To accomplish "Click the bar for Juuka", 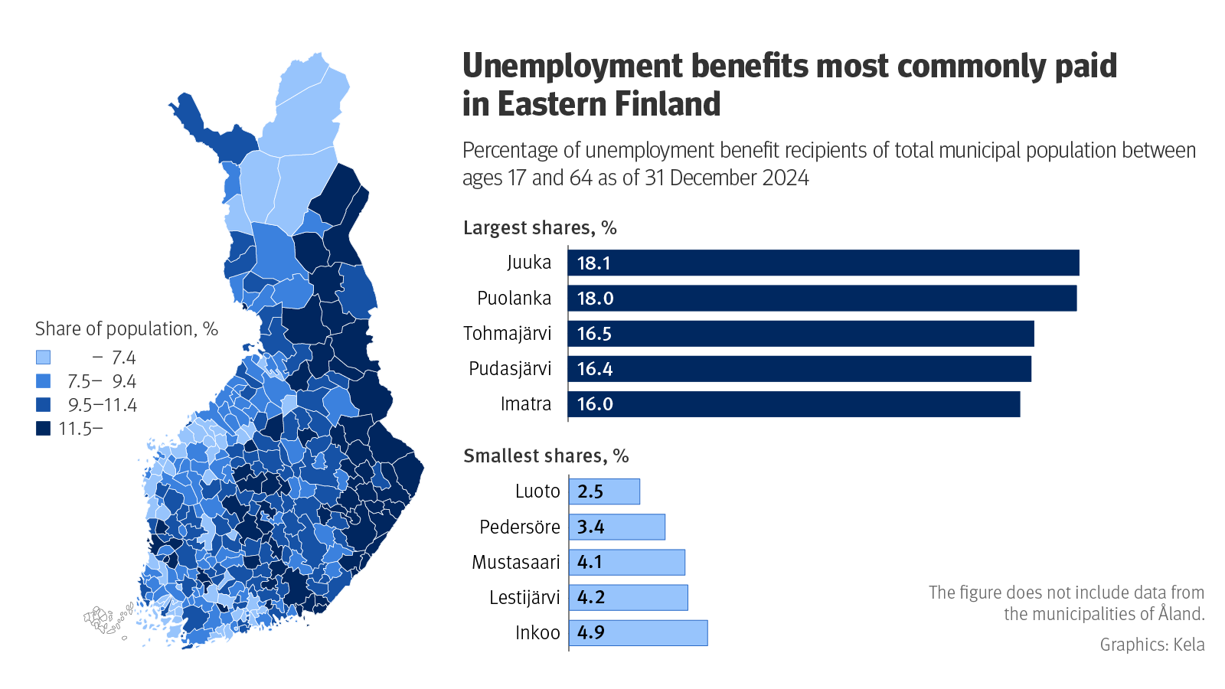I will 823,263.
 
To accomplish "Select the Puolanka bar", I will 822,298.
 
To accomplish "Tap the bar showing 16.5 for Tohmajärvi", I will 800,334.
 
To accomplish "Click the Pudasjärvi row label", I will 510,369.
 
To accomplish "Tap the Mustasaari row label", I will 516,563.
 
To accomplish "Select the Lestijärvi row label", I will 524,598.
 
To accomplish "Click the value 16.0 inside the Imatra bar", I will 595,404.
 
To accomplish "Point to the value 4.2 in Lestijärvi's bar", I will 591,598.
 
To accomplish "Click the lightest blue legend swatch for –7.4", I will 44,358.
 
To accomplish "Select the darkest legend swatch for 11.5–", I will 44,429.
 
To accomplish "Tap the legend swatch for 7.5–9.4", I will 44,381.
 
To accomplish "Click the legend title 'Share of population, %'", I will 126,329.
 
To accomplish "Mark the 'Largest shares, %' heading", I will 540,228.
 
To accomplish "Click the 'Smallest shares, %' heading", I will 546,456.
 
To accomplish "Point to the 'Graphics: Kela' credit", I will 1151,645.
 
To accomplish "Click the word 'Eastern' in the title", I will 563,104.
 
